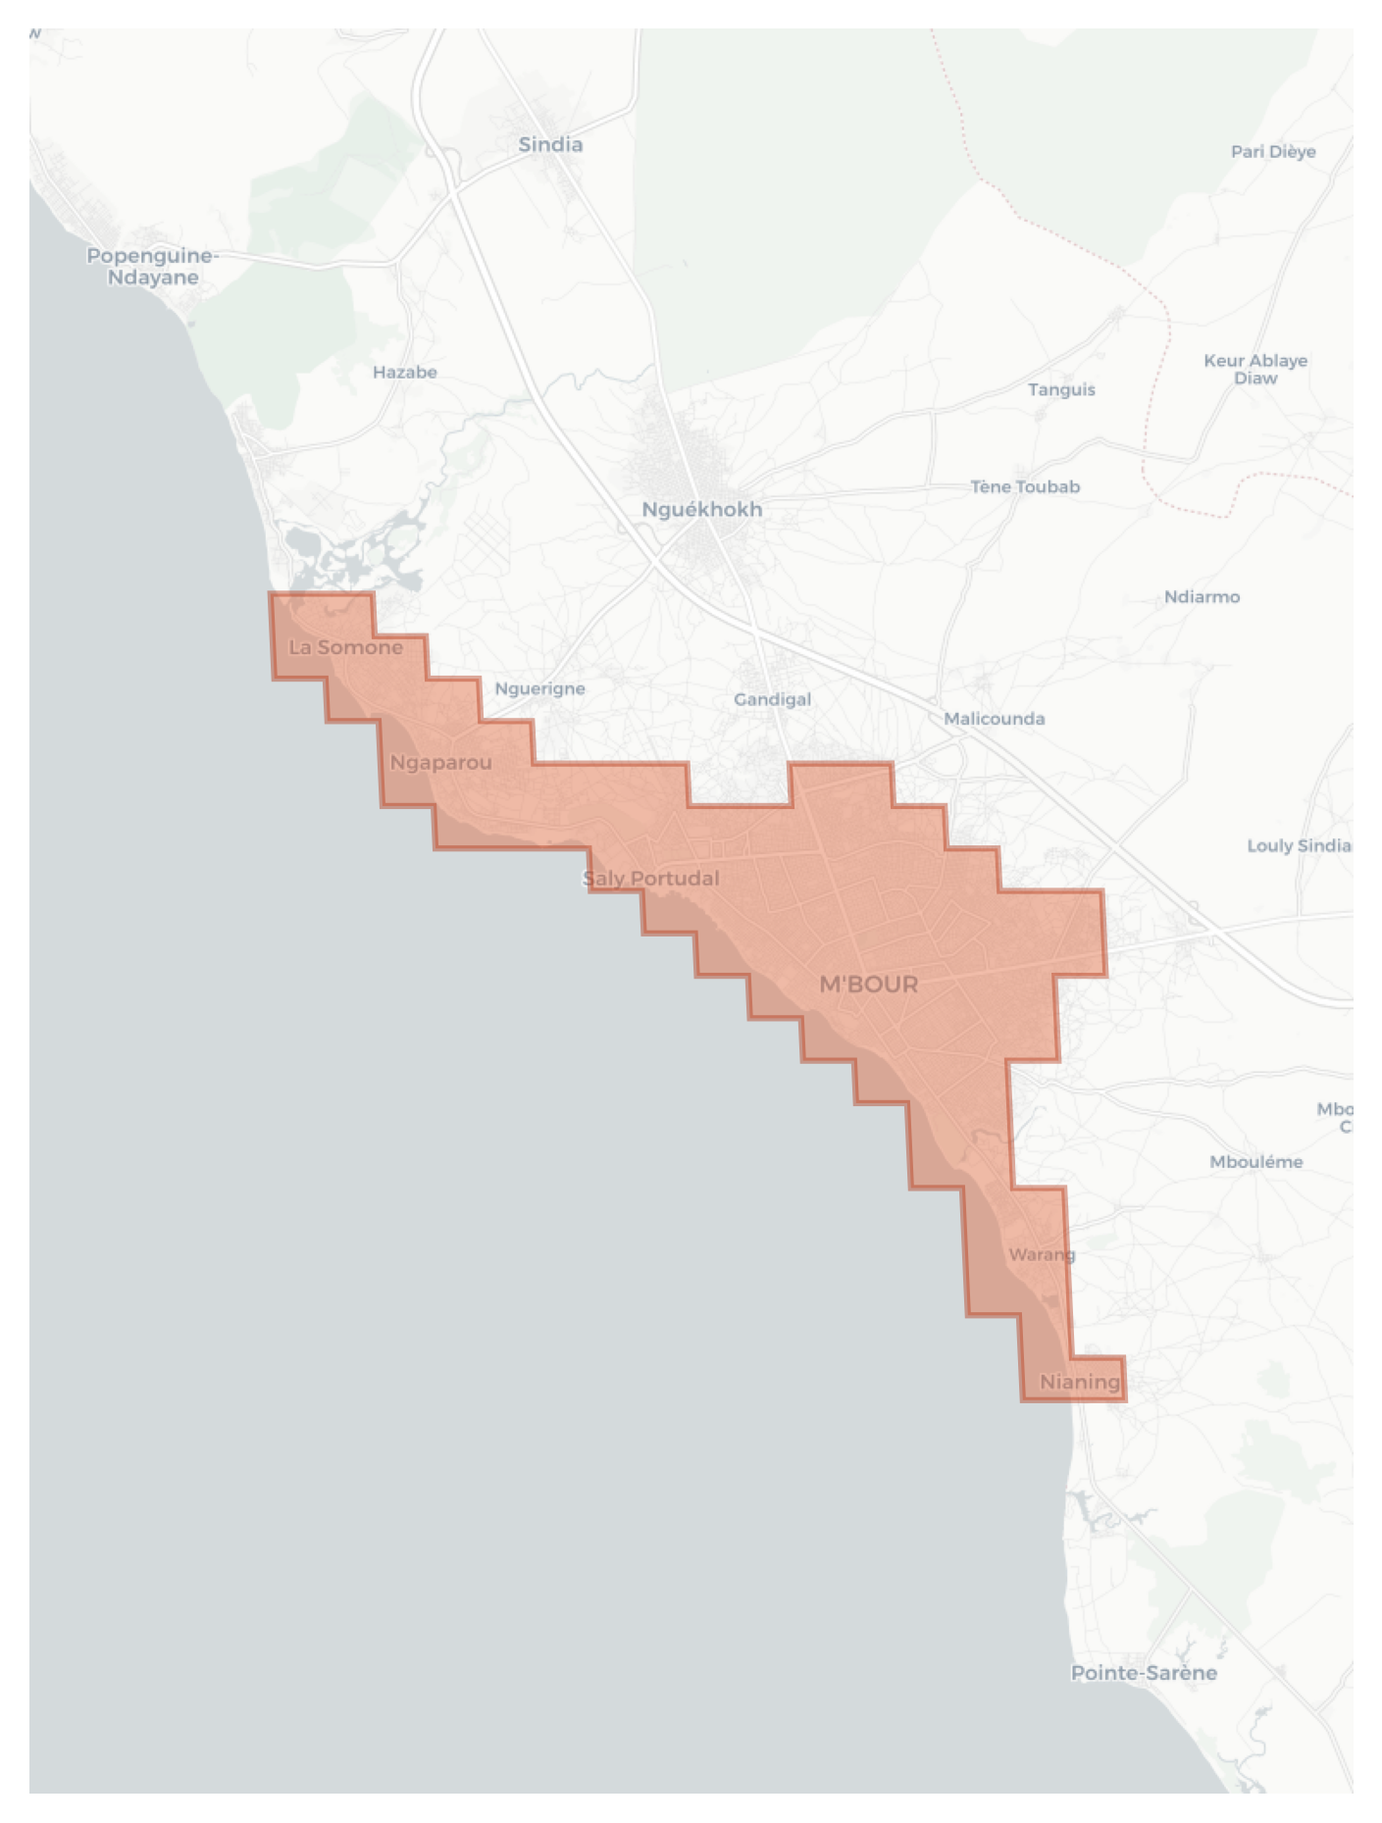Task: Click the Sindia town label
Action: point(550,144)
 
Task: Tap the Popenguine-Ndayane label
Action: point(152,266)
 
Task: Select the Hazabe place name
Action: point(404,372)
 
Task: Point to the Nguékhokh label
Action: point(701,509)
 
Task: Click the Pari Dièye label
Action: point(1273,151)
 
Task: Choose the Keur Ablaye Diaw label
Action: point(1255,369)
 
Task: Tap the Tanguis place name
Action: point(1061,389)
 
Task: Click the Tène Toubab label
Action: point(1025,486)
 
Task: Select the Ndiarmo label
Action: point(1202,596)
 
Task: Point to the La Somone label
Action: point(345,647)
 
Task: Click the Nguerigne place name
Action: point(539,688)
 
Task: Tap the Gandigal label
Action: point(772,699)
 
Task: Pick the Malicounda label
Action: point(994,718)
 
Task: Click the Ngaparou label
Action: point(440,762)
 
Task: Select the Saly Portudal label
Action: point(650,878)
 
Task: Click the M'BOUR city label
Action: point(868,984)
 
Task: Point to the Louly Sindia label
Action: point(1298,845)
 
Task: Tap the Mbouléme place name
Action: point(1255,1161)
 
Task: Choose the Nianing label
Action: point(1079,1382)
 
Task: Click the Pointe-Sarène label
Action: point(1144,1673)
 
